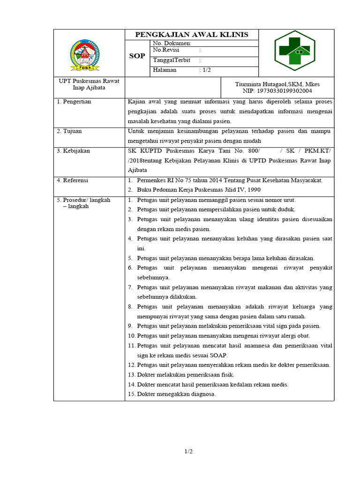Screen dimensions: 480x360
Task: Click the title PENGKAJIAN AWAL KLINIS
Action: (x=191, y=35)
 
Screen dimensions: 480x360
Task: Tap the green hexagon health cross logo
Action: (x=296, y=52)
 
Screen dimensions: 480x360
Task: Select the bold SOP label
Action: (x=137, y=56)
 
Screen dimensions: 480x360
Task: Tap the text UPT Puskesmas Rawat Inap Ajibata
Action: (x=89, y=84)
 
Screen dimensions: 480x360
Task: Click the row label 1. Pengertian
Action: (x=74, y=102)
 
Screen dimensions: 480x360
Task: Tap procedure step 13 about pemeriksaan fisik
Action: (x=180, y=375)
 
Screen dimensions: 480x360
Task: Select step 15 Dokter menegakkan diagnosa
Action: (x=172, y=394)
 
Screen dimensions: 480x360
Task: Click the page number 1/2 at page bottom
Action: (x=188, y=451)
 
